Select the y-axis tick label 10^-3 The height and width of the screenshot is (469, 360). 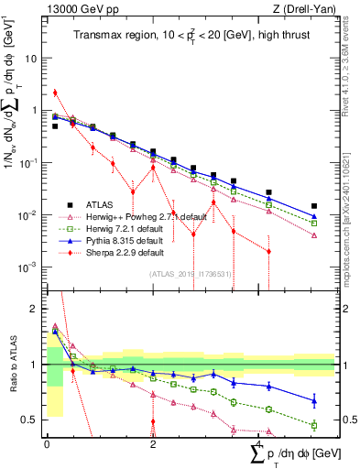click(27, 267)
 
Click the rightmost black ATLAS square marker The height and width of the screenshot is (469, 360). click(314, 206)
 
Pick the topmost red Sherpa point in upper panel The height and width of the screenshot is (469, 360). click(55, 93)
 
